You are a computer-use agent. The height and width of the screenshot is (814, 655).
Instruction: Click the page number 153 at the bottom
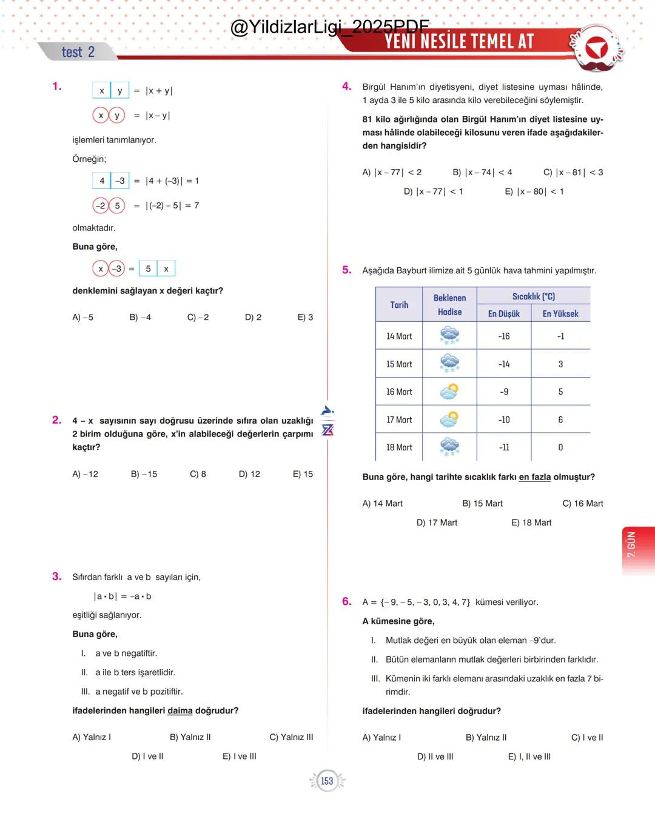coord(327,781)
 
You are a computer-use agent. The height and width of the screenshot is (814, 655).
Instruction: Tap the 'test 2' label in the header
coord(78,52)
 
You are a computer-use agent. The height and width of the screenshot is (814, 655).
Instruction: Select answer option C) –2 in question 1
coord(198,317)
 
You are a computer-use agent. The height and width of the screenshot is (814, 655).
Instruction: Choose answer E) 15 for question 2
coord(303,474)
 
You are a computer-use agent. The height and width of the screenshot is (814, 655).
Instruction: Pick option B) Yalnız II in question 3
coord(190,737)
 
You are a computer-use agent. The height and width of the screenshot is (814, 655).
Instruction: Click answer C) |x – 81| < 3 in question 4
coord(573,172)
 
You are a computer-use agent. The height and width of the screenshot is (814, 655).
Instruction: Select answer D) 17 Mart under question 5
coord(437,522)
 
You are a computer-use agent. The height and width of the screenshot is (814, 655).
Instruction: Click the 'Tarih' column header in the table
coord(399,305)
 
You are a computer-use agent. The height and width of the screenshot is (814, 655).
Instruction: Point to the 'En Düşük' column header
coord(504,313)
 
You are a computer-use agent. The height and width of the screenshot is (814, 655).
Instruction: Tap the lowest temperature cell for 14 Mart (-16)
coord(504,336)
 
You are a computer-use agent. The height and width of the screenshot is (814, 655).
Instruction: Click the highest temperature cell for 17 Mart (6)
coord(560,419)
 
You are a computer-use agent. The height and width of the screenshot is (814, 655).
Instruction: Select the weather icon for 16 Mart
coord(449,392)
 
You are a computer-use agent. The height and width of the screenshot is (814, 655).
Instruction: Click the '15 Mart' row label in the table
coord(399,364)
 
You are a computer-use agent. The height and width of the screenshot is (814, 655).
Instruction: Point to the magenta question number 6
coord(347,601)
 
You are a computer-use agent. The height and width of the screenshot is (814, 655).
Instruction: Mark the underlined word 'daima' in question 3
coord(180,710)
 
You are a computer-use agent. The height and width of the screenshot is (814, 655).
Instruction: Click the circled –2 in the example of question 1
coord(101,205)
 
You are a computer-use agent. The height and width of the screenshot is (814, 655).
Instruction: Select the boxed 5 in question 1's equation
coord(148,269)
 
